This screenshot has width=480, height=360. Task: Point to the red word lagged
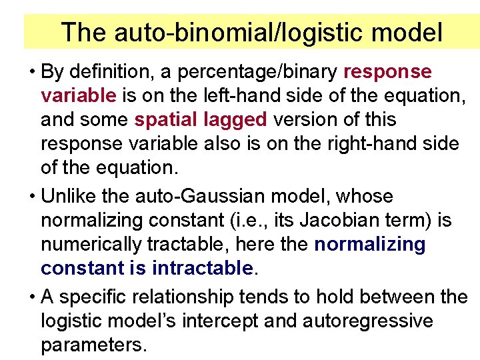coord(234,120)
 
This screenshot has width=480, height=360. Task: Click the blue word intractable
coord(203,269)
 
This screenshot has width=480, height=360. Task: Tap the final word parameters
coord(93,345)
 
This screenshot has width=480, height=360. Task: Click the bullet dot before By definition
coord(32,71)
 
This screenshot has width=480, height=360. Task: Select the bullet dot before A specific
coord(32,297)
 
